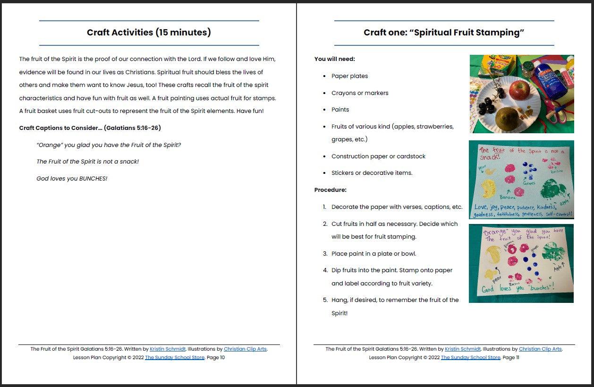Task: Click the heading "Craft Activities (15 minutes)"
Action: click(x=149, y=33)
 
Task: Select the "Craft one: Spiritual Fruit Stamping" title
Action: click(x=444, y=33)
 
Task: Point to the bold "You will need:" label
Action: click(x=335, y=59)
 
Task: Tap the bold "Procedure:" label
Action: click(x=331, y=190)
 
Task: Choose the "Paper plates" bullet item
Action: click(x=349, y=76)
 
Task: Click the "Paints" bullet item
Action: click(x=340, y=110)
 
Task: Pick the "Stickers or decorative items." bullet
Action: click(x=372, y=173)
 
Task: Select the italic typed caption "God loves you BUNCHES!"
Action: click(x=72, y=179)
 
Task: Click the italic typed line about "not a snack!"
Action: click(x=87, y=162)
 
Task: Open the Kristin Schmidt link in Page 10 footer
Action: click(x=167, y=349)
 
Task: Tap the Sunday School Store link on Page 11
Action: click(x=470, y=358)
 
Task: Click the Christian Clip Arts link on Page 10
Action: click(x=245, y=349)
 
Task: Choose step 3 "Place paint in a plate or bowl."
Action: click(x=373, y=254)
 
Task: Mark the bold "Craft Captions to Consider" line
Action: click(x=90, y=128)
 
